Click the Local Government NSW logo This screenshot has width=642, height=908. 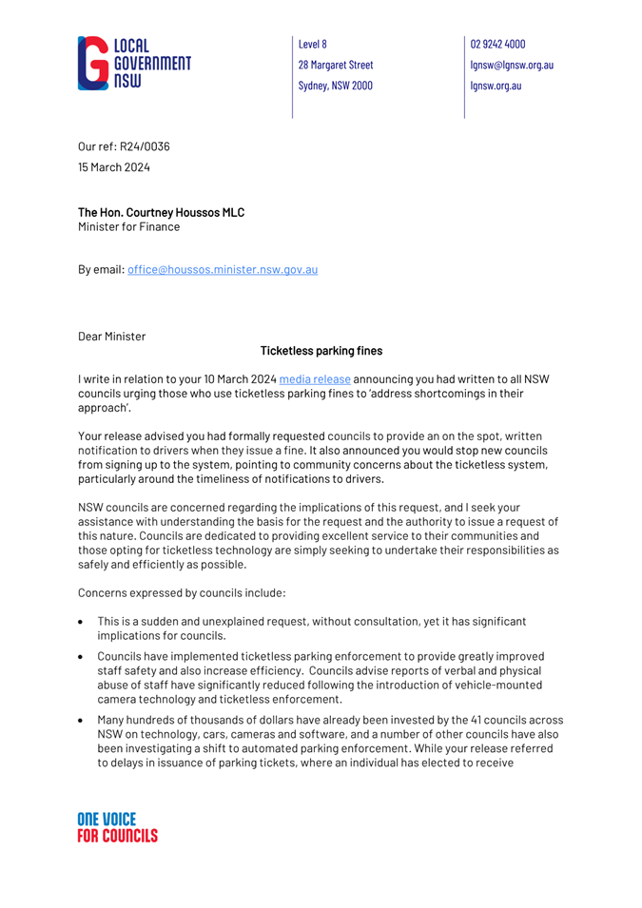click(x=134, y=64)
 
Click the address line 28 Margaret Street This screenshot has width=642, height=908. click(x=336, y=65)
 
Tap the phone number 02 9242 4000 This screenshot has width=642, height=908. click(x=497, y=44)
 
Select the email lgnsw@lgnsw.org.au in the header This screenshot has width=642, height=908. click(x=512, y=65)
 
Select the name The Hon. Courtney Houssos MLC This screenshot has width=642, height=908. click(x=162, y=212)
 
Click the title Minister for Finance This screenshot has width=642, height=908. click(x=128, y=227)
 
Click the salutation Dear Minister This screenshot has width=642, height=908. click(x=111, y=336)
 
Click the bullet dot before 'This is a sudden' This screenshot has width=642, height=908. click(x=83, y=621)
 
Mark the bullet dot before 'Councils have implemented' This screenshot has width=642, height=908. click(x=83, y=656)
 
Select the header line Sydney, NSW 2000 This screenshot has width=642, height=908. click(x=335, y=85)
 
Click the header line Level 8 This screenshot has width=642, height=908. click(x=313, y=44)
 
